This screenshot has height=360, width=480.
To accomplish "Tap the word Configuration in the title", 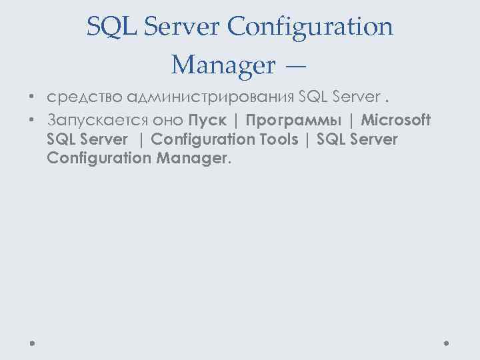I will click(x=311, y=27).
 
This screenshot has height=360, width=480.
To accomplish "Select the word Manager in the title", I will click(x=223, y=65).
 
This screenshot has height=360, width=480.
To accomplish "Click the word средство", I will click(x=85, y=99).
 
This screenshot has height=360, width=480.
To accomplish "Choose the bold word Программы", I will click(x=293, y=120).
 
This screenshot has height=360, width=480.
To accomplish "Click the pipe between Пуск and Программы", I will click(x=237, y=120).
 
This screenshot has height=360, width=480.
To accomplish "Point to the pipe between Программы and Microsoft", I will click(x=351, y=120).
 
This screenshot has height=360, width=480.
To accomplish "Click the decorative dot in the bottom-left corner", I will click(x=33, y=344).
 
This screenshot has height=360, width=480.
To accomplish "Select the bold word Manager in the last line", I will click(x=194, y=159).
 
